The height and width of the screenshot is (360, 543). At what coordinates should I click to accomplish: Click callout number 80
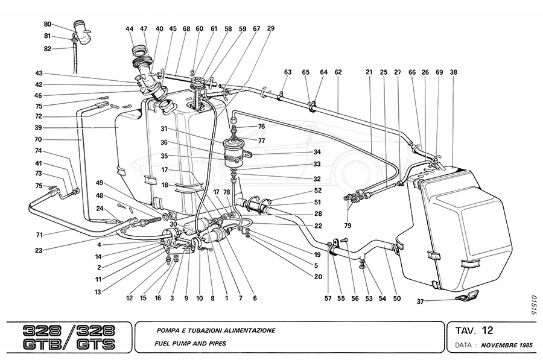[48, 24]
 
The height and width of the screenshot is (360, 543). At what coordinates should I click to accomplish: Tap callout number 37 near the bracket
[421, 302]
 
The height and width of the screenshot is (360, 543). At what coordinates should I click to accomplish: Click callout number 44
[130, 28]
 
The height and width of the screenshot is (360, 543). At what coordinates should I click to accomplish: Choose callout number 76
[261, 127]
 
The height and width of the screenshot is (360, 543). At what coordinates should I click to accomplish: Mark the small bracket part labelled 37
[468, 296]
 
